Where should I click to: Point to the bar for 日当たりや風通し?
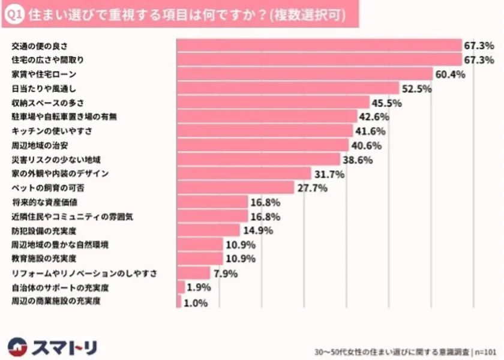pos(288,88)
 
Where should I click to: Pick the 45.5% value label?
pos(387,103)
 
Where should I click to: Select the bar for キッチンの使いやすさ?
pos(265,131)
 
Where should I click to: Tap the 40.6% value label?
pos(366,145)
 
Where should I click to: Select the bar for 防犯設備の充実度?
pos(209,230)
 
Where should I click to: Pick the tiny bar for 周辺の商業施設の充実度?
pos(179,302)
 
